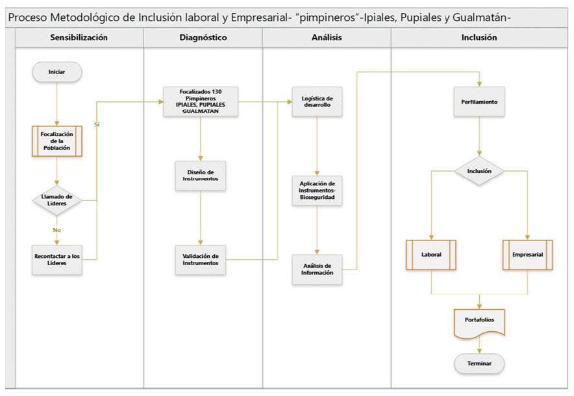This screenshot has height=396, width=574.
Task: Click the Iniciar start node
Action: [x=57, y=71]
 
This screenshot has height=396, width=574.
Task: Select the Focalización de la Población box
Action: [x=57, y=141]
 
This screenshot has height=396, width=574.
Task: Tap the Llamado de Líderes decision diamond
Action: [x=57, y=200]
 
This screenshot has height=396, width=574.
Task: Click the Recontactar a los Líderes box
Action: [x=57, y=259]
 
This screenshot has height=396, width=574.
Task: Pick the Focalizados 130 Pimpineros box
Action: [x=200, y=102]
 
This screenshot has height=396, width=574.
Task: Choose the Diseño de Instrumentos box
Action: [x=200, y=175]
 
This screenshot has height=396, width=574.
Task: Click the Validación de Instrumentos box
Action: [x=200, y=259]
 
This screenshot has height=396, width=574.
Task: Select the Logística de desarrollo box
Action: [x=317, y=102]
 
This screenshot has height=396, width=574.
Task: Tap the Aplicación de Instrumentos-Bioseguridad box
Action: [x=317, y=191]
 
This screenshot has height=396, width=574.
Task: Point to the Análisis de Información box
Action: [x=317, y=269]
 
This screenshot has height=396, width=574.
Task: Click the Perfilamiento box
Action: [x=479, y=102]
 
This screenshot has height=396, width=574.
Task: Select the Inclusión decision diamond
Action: [x=479, y=172]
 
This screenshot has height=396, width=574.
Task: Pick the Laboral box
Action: [x=431, y=255]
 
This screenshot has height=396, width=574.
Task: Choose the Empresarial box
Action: [x=527, y=255]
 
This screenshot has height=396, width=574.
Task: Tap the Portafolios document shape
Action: [x=479, y=320]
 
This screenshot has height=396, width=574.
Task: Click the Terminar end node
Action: [x=479, y=364]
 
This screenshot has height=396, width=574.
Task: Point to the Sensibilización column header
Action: [x=79, y=38]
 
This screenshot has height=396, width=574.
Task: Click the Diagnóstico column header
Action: [x=203, y=38]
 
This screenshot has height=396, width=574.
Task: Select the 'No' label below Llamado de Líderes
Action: [x=57, y=230]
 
